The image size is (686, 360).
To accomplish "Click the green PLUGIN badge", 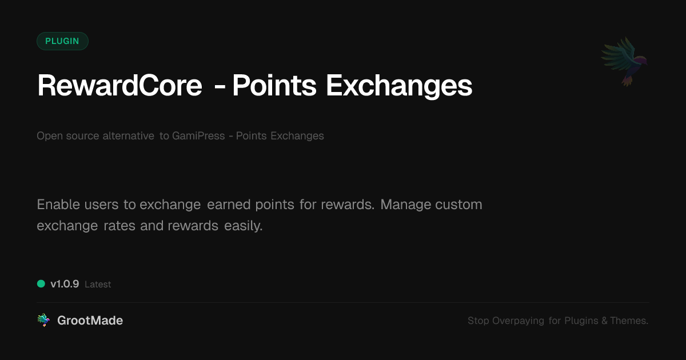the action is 62,41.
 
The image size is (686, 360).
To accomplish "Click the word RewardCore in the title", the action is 119,85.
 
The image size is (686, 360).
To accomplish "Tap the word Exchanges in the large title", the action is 399,86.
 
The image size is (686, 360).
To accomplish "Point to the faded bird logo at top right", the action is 625,61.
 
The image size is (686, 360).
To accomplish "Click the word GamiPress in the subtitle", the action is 198,135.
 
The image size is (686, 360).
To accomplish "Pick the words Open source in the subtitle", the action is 67,135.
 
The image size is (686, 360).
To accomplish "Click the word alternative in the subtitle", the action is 128,135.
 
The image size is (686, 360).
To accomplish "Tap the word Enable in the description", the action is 58,205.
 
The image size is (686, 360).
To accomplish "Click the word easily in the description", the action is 244,226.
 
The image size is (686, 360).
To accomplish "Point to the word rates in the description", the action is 119,226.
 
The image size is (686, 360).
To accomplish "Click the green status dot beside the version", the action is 41,284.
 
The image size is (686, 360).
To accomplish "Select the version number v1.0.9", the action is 65,284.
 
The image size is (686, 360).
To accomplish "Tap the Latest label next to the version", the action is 98,285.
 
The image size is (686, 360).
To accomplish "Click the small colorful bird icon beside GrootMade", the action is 43,320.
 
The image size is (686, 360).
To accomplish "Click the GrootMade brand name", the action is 90,321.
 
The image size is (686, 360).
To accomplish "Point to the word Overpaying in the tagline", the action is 518,321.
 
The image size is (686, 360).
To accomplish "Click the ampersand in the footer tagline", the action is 604,321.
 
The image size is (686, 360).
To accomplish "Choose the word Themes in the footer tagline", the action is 629,321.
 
